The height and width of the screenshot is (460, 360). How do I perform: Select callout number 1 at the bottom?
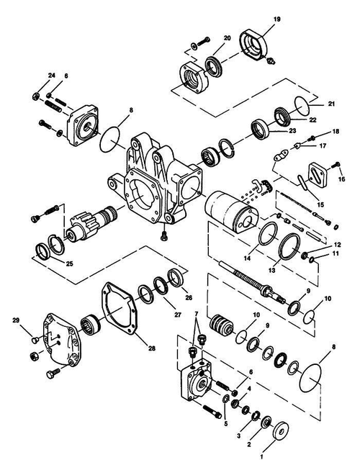[x=261, y=455]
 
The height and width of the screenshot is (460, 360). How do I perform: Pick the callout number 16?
[x=341, y=178]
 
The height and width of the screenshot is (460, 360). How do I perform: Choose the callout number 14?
[x=246, y=257]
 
